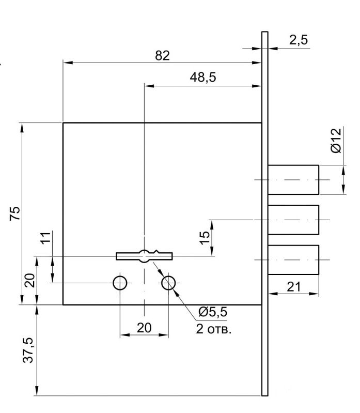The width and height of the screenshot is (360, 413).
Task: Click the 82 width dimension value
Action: (x=162, y=56)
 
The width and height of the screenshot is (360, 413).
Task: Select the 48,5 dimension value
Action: (x=203, y=77)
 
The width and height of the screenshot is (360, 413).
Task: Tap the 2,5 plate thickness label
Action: (x=299, y=40)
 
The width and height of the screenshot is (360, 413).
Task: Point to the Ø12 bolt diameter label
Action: (x=336, y=141)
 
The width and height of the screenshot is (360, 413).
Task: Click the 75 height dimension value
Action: (x=15, y=213)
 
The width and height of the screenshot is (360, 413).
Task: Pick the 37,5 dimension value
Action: (x=28, y=350)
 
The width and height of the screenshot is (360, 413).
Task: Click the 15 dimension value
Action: (x=205, y=238)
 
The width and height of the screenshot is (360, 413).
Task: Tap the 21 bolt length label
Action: (x=293, y=286)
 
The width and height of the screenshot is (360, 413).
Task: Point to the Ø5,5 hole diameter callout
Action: (x=213, y=312)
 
